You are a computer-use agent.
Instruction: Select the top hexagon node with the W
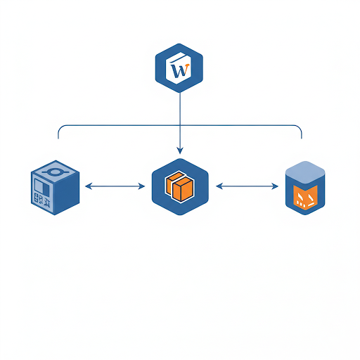pos(179,68)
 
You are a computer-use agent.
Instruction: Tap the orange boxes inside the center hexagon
pos(180,186)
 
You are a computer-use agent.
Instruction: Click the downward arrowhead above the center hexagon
pos(180,150)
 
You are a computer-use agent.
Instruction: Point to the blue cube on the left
pos(55,188)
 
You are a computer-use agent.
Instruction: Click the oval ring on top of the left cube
pos(55,172)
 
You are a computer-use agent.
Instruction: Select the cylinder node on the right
pos(305,188)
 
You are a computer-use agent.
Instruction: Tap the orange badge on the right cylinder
pos(305,196)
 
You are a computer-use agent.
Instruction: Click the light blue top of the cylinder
pos(305,172)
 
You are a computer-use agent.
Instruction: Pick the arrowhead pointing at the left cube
pos(88,186)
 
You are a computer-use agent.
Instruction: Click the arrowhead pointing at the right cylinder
pos(275,186)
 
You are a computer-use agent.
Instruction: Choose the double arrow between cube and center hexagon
pos(115,186)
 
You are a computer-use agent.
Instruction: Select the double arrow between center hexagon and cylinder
pos(247,186)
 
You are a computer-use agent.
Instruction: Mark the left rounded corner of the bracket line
pos(60,128)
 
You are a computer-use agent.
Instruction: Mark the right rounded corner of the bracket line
pos(300,128)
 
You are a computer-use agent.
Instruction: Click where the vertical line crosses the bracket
pos(180,125)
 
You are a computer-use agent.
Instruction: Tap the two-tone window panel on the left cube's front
pos(42,187)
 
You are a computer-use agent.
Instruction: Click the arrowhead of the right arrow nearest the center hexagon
pos(219,186)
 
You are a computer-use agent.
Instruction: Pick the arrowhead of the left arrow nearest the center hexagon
pos(141,186)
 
